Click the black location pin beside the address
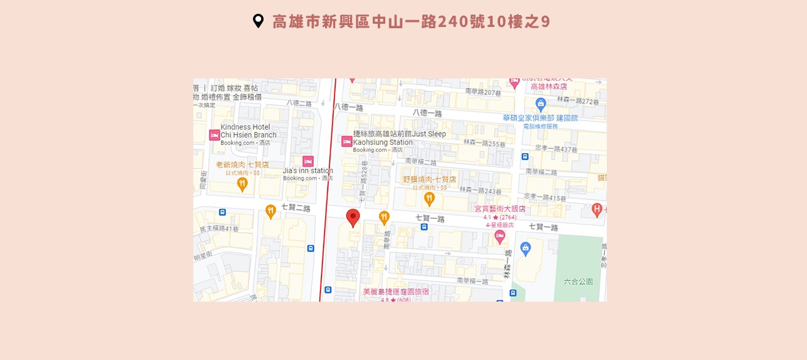pyautogui.click(x=258, y=21)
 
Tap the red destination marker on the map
pyautogui.click(x=353, y=217)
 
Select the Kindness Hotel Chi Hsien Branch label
pyautogui.click(x=249, y=131)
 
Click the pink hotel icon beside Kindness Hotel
pyautogui.click(x=214, y=135)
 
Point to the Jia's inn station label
pyautogui.click(x=307, y=171)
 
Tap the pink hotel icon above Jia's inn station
pyautogui.click(x=307, y=161)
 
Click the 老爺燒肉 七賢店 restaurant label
pyautogui.click(x=242, y=164)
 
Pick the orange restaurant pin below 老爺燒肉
pyautogui.click(x=242, y=184)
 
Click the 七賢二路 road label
pyautogui.click(x=296, y=208)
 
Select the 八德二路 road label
pyautogui.click(x=299, y=103)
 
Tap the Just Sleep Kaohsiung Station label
pyautogui.click(x=399, y=138)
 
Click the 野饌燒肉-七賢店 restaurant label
pyautogui.click(x=429, y=179)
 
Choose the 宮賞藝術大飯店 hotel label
pyautogui.click(x=500, y=209)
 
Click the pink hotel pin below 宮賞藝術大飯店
pyautogui.click(x=500, y=236)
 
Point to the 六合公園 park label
pyautogui.click(x=578, y=282)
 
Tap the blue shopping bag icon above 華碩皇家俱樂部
pyautogui.click(x=540, y=104)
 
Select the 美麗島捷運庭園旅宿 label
pyautogui.click(x=396, y=292)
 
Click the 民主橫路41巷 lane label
pyautogui.click(x=219, y=229)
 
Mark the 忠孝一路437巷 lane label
pyautogui.click(x=556, y=149)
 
